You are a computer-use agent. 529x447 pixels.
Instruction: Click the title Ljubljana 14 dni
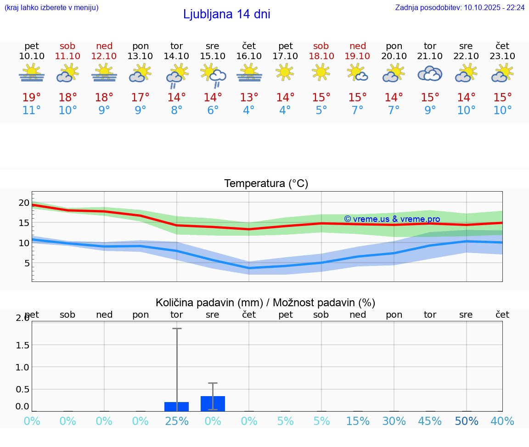tap(226, 14)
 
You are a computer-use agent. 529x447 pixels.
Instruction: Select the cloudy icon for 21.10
tap(430, 73)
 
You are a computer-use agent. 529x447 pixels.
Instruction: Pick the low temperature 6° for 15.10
tap(213, 110)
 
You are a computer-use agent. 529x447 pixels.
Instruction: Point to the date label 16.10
tap(249, 56)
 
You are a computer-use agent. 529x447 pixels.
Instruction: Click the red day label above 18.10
tap(321, 46)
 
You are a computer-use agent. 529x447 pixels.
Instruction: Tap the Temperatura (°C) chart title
tap(266, 183)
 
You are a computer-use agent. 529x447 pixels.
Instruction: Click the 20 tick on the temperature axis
tap(24, 203)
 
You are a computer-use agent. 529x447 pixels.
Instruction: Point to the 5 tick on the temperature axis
tap(27, 263)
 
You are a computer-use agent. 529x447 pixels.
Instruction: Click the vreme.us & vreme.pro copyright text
tap(392, 219)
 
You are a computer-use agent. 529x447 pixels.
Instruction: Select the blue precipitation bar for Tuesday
tap(177, 406)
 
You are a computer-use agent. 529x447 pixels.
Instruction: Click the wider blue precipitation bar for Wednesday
tap(213, 403)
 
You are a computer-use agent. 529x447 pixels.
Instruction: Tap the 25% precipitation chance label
tap(177, 421)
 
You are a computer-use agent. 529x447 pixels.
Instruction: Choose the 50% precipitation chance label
tap(467, 421)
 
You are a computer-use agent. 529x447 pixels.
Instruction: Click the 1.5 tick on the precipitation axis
tap(23, 345)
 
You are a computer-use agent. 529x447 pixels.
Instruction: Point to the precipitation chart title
tap(265, 303)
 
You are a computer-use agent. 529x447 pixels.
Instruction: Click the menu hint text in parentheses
tap(51, 7)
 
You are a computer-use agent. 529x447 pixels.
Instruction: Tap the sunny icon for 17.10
tap(285, 72)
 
